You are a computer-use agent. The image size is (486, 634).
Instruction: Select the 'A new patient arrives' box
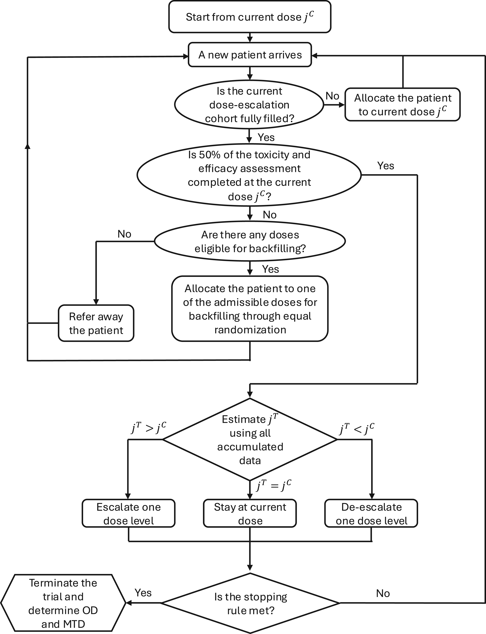250,55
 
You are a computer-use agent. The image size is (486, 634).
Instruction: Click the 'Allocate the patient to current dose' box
402,105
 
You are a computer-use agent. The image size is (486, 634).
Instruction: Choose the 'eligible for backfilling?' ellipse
250,241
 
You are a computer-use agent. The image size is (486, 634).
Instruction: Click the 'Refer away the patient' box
96,323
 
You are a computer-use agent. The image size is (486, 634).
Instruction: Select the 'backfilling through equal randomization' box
250,309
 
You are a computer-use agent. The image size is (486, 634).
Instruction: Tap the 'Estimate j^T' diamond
250,440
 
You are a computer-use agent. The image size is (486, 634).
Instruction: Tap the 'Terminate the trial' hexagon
63,603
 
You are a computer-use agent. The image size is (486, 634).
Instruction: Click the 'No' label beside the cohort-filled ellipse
332,96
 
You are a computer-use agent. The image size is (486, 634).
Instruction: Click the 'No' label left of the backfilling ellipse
124,234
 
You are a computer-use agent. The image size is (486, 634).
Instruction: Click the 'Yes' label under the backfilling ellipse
271,269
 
